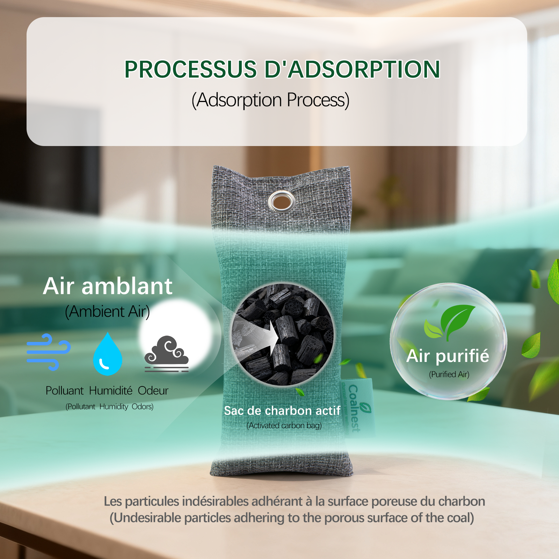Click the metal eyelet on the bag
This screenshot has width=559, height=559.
(x=281, y=202)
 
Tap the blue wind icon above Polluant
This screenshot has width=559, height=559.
(x=49, y=352)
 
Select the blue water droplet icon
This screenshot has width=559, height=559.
(x=108, y=354)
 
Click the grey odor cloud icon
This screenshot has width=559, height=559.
(x=167, y=354)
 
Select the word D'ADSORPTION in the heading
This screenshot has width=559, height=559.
(x=352, y=69)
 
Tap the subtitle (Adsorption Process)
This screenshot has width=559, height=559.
(x=270, y=100)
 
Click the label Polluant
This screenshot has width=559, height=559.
(x=65, y=391)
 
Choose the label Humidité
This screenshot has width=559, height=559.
(x=111, y=391)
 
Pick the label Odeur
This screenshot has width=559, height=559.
(x=153, y=391)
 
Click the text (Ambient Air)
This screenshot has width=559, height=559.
(x=107, y=312)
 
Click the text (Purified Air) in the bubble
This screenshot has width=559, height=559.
(x=449, y=375)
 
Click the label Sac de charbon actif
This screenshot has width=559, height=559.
(x=282, y=411)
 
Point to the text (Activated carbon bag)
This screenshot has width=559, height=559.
(x=284, y=426)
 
